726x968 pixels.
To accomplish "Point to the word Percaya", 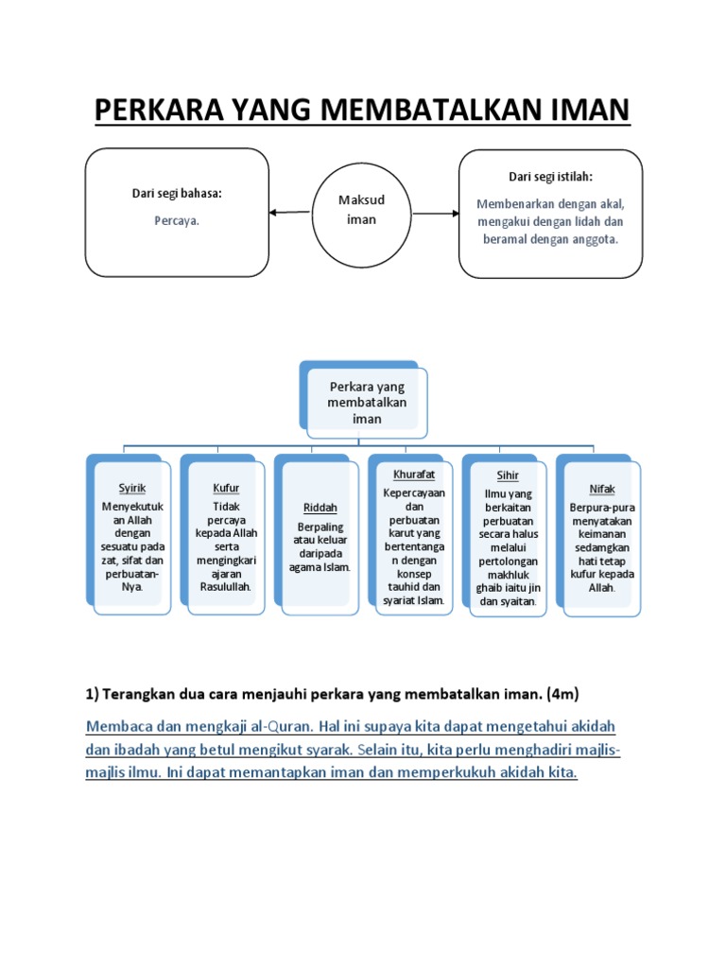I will (x=177, y=220).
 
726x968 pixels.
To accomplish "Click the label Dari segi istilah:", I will (x=550, y=177).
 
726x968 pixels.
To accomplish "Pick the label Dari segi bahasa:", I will (x=177, y=194).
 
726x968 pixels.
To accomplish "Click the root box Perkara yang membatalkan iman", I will (x=367, y=402).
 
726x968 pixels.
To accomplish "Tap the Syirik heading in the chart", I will (x=132, y=488).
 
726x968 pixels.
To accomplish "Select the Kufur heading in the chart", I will (x=226, y=488).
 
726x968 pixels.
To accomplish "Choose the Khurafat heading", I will (x=413, y=475).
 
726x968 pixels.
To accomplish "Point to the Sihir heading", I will (x=508, y=475).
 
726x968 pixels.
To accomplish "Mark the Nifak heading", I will (x=601, y=488).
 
